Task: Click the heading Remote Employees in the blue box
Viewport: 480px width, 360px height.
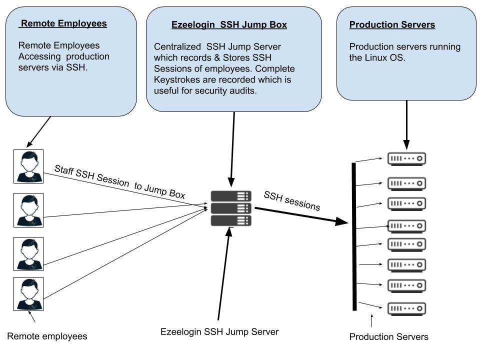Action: click(x=64, y=23)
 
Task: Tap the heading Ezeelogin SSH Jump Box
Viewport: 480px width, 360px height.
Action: click(x=229, y=24)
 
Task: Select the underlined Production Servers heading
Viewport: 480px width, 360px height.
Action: click(x=392, y=24)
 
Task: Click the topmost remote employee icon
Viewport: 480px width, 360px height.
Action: click(x=28, y=165)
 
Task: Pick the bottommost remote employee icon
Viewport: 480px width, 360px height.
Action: click(x=28, y=294)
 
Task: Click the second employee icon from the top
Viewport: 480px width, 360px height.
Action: click(x=28, y=210)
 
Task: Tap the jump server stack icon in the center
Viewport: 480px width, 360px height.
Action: click(x=231, y=208)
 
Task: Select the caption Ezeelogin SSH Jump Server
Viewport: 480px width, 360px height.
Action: click(x=219, y=331)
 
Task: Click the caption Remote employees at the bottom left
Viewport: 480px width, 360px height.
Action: click(x=47, y=336)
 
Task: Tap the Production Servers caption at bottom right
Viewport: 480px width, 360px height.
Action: click(x=388, y=336)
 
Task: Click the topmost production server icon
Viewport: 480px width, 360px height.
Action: click(x=406, y=159)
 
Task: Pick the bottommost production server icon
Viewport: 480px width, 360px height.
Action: click(x=406, y=308)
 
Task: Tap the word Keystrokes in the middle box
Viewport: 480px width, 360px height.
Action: click(x=175, y=79)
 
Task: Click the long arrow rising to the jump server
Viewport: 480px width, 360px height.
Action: click(x=223, y=275)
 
